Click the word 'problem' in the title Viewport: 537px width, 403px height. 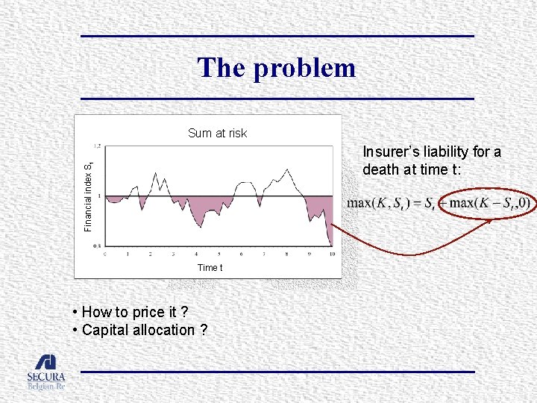(x=304, y=69)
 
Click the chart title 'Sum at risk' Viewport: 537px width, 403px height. (x=217, y=134)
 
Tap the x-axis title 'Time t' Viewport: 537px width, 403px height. (x=210, y=267)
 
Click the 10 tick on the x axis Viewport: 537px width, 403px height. (x=331, y=254)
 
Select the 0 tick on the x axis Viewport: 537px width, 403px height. (x=104, y=254)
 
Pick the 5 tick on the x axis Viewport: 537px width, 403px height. (x=219, y=254)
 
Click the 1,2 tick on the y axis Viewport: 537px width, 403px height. (x=97, y=146)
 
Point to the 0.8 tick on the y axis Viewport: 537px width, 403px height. (x=97, y=246)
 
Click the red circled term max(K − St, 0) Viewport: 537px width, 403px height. (x=486, y=202)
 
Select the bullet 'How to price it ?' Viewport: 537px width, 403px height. (x=134, y=312)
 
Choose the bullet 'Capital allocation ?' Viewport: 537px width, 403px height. (x=144, y=330)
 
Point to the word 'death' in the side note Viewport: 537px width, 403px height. (x=381, y=169)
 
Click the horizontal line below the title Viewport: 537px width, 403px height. (x=277, y=99)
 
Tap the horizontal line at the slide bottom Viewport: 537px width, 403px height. (x=277, y=372)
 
